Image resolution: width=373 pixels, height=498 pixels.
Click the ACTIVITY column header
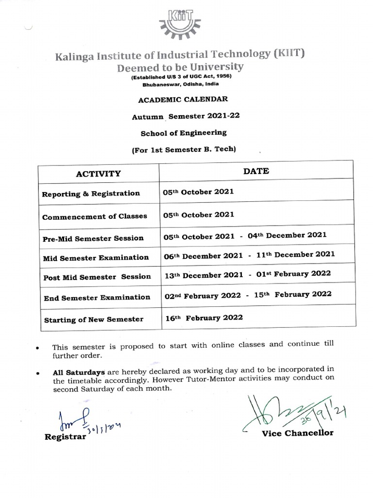tap(98, 174)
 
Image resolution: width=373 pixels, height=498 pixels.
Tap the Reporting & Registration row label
tap(91, 194)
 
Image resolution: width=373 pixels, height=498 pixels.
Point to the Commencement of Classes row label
tap(95, 216)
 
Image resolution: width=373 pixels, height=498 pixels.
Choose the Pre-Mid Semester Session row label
tap(93, 238)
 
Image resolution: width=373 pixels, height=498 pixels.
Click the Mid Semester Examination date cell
tap(249, 254)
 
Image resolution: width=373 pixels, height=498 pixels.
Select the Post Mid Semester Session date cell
tap(248, 274)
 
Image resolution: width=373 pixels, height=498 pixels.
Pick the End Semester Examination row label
tap(97, 297)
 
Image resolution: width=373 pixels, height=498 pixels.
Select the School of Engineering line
tap(183, 132)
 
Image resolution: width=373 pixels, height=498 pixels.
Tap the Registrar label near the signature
tap(65, 437)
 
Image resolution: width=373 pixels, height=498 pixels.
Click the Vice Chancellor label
tap(297, 433)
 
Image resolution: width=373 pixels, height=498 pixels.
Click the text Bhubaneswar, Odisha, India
tap(183, 84)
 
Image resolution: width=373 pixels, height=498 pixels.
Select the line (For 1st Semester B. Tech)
tap(184, 150)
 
